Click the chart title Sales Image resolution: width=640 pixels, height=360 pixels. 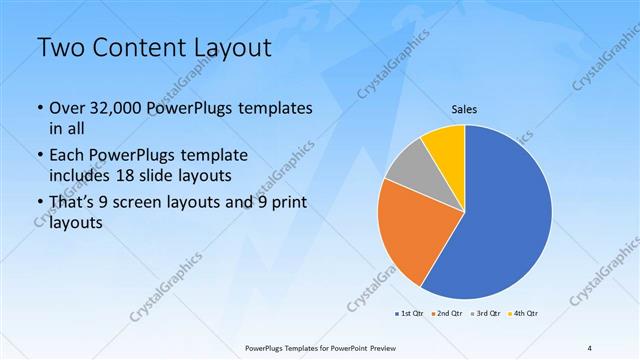click(x=465, y=109)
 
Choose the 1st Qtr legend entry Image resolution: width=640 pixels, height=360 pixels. click(x=409, y=314)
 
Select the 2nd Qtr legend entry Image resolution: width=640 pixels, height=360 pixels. click(x=447, y=314)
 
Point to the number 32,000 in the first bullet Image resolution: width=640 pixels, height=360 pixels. click(x=121, y=108)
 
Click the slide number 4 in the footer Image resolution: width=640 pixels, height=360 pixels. click(x=590, y=347)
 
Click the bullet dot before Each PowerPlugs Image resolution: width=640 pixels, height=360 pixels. click(x=39, y=157)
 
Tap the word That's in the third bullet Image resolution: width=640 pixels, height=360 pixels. click(x=73, y=203)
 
